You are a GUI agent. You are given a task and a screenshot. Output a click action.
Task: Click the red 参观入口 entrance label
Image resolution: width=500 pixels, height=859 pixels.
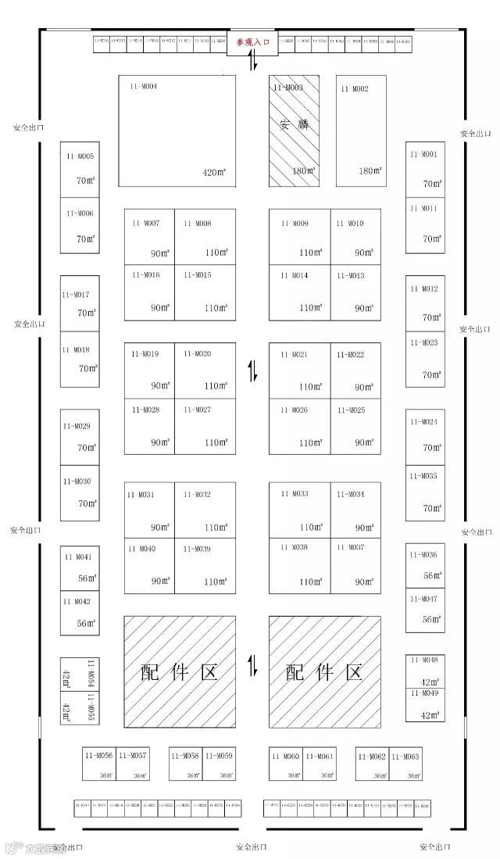[252, 43]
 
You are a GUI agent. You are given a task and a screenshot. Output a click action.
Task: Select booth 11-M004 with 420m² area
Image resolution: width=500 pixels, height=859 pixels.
[177, 131]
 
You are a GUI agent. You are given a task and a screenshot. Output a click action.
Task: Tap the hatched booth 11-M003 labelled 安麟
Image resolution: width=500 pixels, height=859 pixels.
[294, 131]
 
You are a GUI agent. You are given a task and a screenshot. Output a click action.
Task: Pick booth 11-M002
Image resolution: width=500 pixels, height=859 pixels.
[362, 131]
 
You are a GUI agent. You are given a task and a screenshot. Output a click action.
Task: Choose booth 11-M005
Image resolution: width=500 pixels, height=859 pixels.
[80, 170]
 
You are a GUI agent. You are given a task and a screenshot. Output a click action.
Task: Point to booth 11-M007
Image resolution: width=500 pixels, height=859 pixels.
[149, 237]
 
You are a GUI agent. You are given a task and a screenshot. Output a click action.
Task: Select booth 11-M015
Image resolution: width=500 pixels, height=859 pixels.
[205, 292]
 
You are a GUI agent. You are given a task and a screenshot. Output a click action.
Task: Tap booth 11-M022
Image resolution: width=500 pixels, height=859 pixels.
[355, 370]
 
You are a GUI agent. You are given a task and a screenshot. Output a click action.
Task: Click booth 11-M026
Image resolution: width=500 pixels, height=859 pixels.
[299, 426]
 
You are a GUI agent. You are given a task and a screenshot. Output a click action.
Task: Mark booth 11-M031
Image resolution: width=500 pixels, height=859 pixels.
[149, 510]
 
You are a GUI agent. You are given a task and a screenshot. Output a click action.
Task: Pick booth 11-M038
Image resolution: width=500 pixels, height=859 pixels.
[299, 565]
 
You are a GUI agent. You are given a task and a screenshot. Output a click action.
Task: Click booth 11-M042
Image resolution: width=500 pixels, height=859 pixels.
[80, 614]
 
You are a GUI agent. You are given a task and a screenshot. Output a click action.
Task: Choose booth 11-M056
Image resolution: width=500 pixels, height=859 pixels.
[100, 764]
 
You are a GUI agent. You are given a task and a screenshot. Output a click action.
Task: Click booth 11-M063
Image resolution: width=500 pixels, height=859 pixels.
[405, 764]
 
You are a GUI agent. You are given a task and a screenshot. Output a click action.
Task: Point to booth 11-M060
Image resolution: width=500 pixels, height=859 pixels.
[286, 764]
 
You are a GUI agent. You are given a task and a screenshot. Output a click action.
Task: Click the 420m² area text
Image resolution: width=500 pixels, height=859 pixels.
[215, 173]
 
